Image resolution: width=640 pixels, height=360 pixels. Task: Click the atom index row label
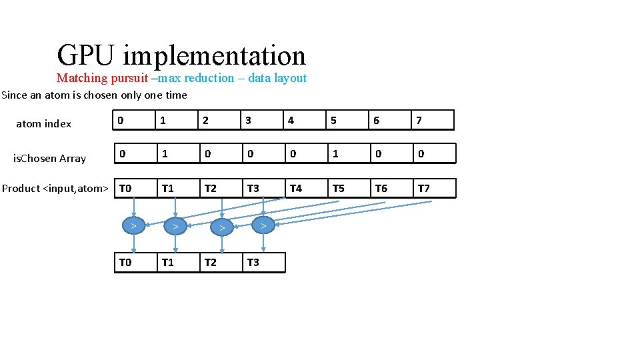[x=43, y=123]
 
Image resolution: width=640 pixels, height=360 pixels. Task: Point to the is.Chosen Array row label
[x=50, y=158]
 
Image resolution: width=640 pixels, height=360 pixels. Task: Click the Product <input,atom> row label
[x=55, y=188]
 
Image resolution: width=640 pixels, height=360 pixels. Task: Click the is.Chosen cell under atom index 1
[x=177, y=154]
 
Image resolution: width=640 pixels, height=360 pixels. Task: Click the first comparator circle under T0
[x=134, y=226]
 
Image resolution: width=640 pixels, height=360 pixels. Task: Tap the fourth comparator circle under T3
[x=263, y=226]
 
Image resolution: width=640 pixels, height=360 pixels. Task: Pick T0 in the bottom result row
[x=134, y=262]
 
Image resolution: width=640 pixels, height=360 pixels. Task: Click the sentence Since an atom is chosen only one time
[x=94, y=95]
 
